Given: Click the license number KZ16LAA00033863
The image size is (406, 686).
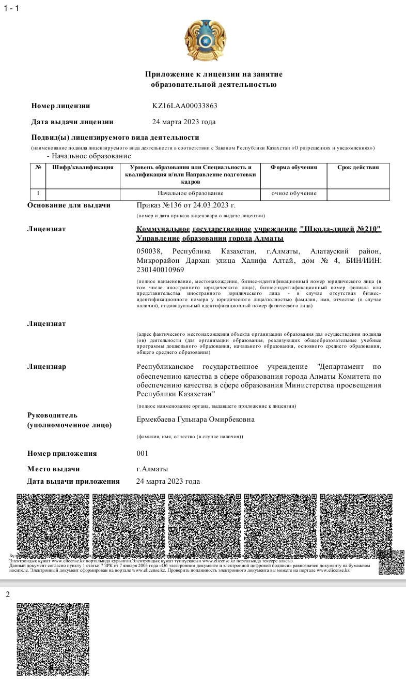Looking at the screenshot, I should (x=184, y=106).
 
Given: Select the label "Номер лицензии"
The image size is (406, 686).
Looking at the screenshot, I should (x=60, y=106).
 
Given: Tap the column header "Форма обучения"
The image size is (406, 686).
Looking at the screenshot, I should (x=293, y=168).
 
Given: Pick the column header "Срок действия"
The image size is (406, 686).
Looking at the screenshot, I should (x=358, y=168).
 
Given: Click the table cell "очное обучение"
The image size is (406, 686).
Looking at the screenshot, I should (x=293, y=193).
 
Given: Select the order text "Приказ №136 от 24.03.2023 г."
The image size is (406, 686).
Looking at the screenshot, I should (x=186, y=205).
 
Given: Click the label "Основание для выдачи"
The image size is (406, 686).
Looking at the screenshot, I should (x=69, y=205).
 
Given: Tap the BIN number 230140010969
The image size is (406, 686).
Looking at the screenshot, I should (x=160, y=270).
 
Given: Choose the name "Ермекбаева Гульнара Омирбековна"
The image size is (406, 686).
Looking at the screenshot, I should (x=195, y=420).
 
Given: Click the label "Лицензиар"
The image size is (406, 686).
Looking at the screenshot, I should (x=46, y=367).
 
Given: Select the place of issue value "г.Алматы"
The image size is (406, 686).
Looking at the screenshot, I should (x=152, y=469).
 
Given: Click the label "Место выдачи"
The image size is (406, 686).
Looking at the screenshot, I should (x=53, y=469).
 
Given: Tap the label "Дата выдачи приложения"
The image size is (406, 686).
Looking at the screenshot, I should (x=73, y=482).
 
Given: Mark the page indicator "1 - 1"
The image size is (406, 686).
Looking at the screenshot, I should (x=11, y=9).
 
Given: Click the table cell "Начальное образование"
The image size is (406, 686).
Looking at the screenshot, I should (x=190, y=193).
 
